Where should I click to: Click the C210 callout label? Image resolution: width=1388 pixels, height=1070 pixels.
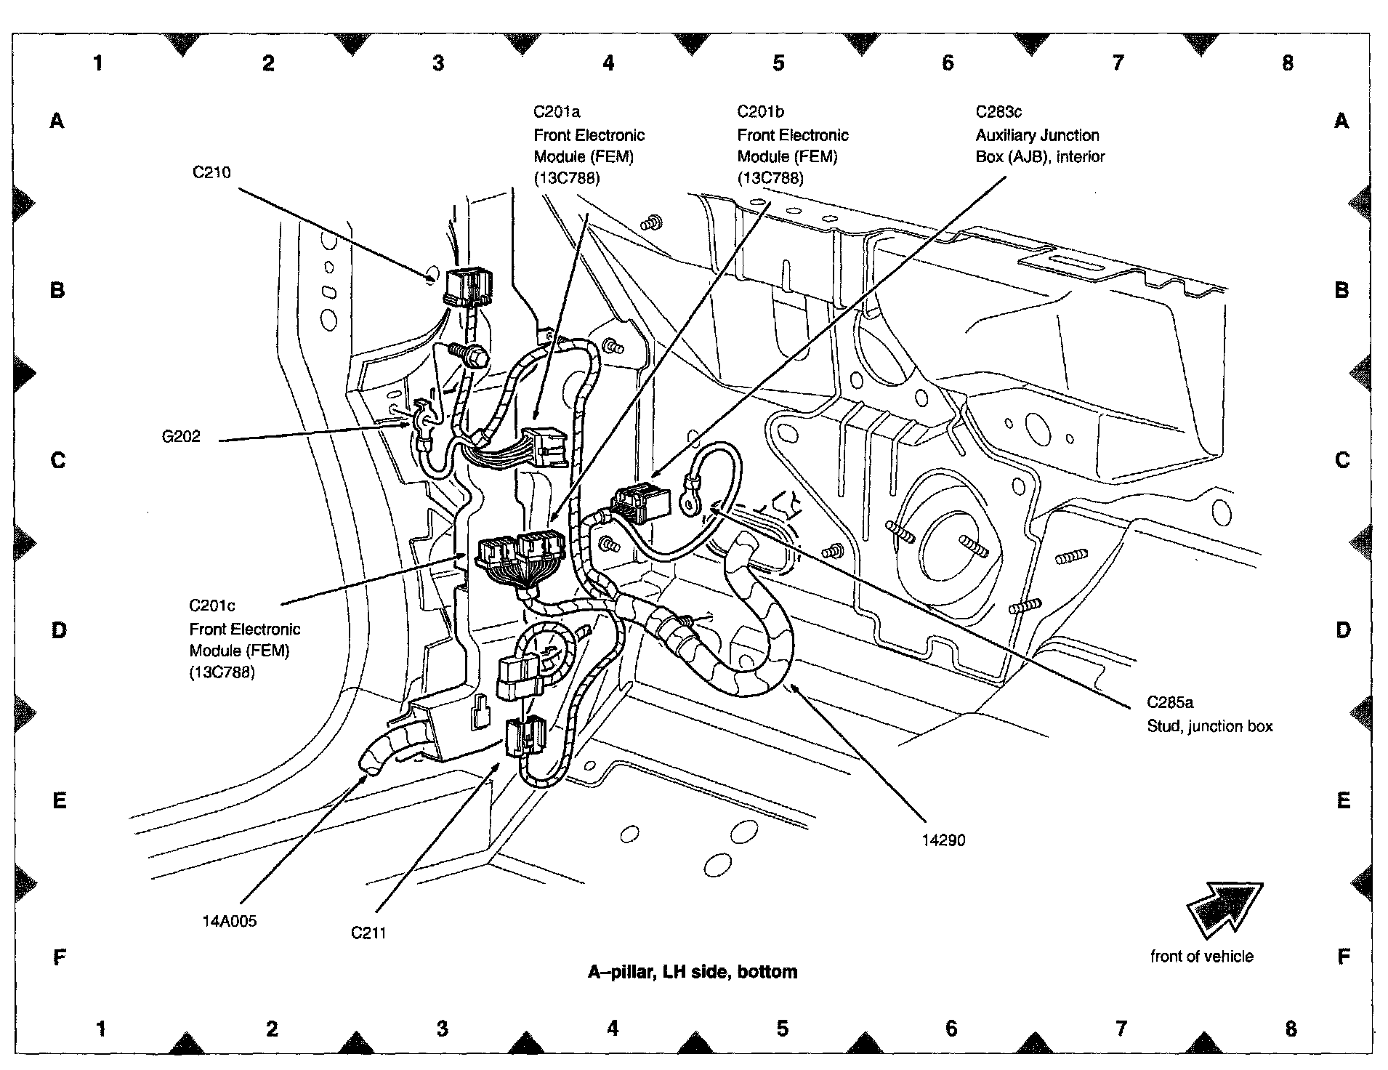tap(211, 172)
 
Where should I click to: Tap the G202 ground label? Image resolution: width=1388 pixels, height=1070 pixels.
tap(181, 437)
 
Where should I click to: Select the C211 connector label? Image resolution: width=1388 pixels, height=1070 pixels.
tap(368, 933)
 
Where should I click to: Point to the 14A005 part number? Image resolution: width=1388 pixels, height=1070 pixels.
tap(230, 921)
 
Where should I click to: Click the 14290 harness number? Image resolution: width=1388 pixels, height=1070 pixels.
tap(943, 840)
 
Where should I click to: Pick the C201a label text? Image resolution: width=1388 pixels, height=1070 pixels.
tap(557, 112)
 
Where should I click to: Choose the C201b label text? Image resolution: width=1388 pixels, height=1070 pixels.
tap(761, 112)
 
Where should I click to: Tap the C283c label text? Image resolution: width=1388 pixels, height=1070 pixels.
tap(998, 112)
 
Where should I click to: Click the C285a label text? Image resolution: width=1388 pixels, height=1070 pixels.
tap(1170, 702)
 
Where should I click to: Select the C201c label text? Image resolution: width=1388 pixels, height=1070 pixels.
tap(212, 606)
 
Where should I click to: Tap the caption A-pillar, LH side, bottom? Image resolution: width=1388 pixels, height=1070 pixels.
tap(692, 972)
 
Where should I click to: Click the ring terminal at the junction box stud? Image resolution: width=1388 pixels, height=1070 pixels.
tap(688, 496)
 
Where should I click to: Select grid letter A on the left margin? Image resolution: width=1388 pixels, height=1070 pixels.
tap(57, 121)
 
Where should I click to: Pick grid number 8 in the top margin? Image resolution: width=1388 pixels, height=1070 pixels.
tap(1288, 63)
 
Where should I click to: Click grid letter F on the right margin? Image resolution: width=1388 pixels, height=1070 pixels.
tap(1343, 957)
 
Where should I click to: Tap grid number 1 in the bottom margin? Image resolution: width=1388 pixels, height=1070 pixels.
tap(101, 1029)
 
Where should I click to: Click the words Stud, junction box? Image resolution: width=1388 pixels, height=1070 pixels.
tap(1210, 726)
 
